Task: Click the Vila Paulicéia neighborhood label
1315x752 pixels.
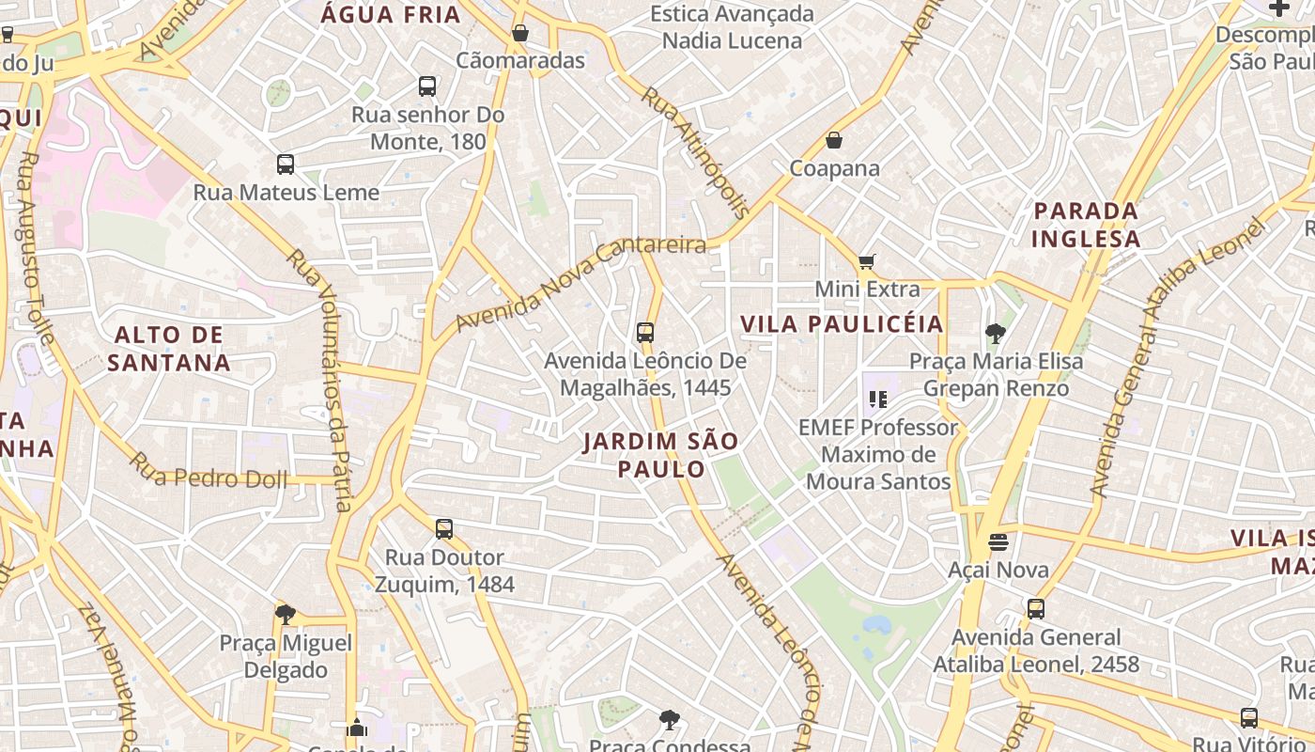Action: pyautogui.click(x=842, y=324)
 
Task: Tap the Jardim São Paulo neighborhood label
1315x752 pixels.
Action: pyautogui.click(x=660, y=455)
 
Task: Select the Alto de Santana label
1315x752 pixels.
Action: pyautogui.click(x=169, y=349)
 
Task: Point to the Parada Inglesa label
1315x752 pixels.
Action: pyautogui.click(x=1086, y=225)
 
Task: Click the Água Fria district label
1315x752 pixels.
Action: pyautogui.click(x=391, y=14)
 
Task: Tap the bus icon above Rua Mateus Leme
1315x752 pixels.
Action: pyautogui.click(x=286, y=164)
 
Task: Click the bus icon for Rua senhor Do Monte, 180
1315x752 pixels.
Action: pyautogui.click(x=427, y=86)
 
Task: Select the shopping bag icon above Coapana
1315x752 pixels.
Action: pyautogui.click(x=833, y=141)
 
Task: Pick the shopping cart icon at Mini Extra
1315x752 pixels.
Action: pyautogui.click(x=866, y=261)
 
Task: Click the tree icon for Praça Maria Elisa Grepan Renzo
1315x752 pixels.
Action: pyautogui.click(x=996, y=333)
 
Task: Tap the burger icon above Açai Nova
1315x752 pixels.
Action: pyautogui.click(x=998, y=542)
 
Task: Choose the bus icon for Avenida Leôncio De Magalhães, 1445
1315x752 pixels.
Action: pyautogui.click(x=644, y=332)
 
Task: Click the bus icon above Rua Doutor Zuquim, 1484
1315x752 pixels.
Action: pyautogui.click(x=444, y=529)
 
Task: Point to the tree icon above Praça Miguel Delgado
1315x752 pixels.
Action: pyautogui.click(x=286, y=615)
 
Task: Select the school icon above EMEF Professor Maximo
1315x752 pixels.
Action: pyautogui.click(x=878, y=399)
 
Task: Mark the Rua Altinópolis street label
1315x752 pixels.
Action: pyautogui.click(x=695, y=151)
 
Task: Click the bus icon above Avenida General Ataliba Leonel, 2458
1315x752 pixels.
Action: pyautogui.click(x=1035, y=609)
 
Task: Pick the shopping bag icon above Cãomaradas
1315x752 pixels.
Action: pyautogui.click(x=520, y=33)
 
